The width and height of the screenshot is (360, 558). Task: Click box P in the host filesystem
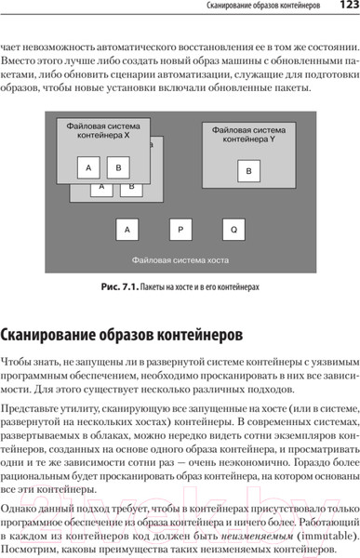[181, 230]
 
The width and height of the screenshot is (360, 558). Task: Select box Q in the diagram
[233, 230]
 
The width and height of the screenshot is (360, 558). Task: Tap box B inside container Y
[248, 172]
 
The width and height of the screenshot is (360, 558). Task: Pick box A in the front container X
[88, 167]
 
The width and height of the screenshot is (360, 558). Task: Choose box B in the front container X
[120, 167]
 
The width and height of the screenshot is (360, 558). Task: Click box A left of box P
[128, 230]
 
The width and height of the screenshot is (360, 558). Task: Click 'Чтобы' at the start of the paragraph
[20, 360]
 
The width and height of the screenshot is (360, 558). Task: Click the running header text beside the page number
[260, 8]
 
